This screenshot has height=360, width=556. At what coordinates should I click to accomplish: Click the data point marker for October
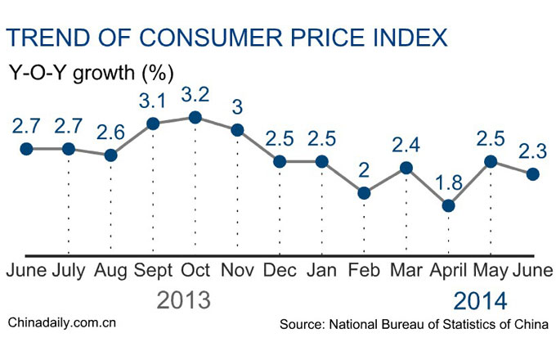195,118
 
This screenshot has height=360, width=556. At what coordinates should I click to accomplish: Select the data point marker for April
447,205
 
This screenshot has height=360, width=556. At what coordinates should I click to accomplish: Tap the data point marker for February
363,193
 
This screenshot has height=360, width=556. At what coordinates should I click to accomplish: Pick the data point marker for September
153,124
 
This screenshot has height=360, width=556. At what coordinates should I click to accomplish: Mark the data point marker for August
111,155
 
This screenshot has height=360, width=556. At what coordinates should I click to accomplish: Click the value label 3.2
195,92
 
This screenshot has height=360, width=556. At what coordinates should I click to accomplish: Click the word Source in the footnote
301,325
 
